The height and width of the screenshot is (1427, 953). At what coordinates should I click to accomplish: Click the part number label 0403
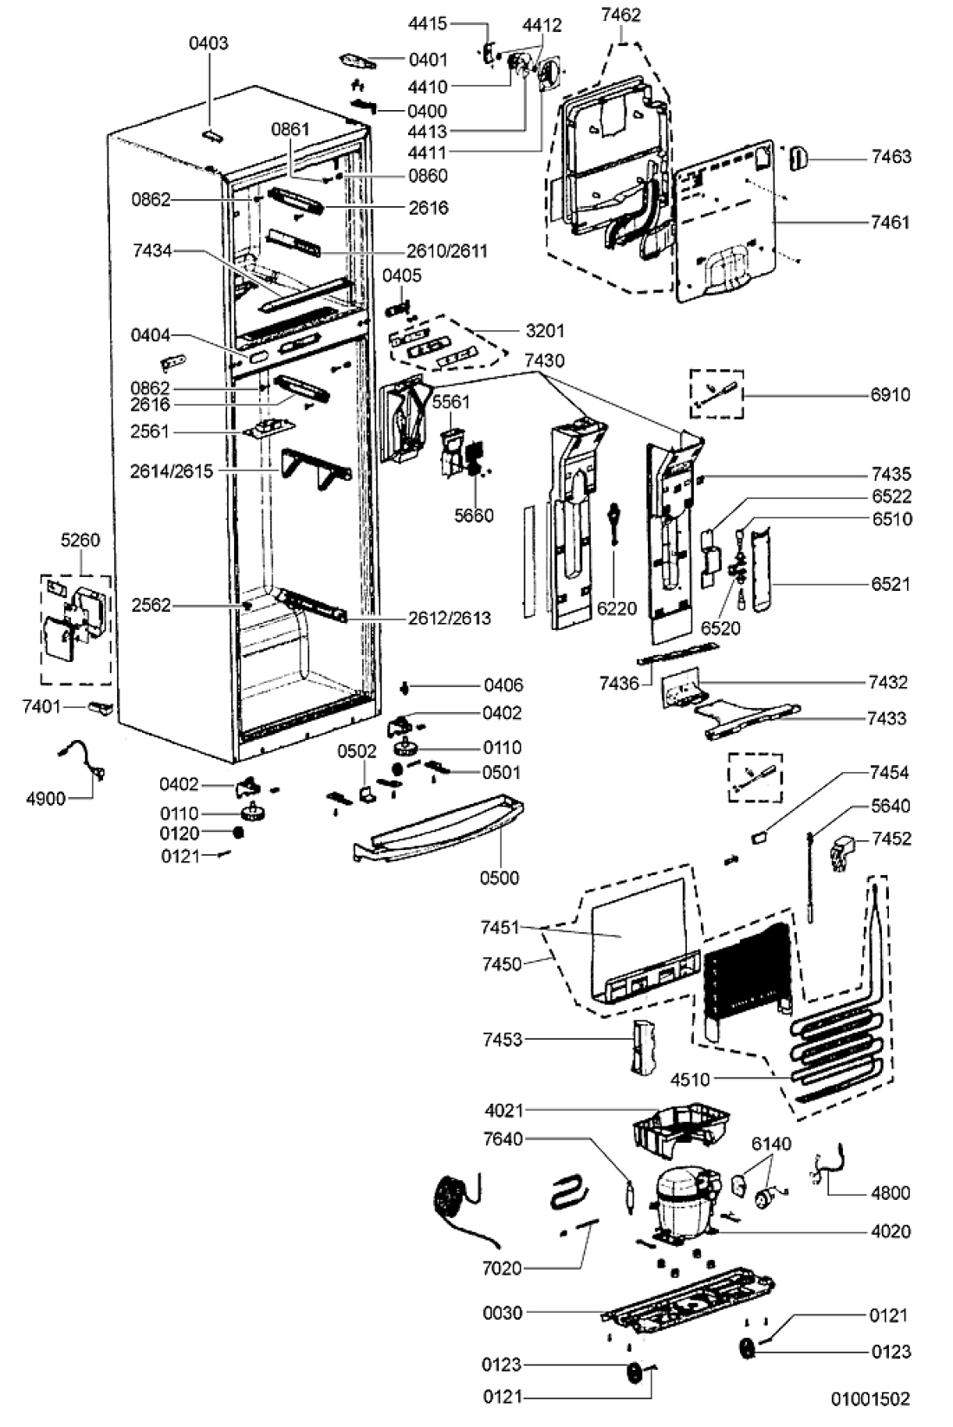pos(208,43)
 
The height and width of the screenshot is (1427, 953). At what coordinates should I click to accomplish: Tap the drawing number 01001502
pos(870,1398)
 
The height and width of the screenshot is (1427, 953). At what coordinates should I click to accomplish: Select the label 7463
pos(891,157)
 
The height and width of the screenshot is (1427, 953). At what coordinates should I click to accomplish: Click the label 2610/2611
pos(447,251)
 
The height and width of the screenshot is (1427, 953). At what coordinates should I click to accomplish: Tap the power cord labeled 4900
pos(81,758)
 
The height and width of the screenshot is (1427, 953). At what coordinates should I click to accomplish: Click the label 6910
pos(891,395)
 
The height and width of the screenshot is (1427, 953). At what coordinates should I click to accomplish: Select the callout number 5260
pos(81,541)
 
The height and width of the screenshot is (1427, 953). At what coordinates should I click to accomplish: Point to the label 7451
pos(501,927)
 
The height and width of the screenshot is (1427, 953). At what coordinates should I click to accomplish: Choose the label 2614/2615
pos(172,471)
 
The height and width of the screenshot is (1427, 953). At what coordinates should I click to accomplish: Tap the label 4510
pos(690,1080)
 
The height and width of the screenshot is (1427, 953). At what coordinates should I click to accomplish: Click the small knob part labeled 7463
pos(799,158)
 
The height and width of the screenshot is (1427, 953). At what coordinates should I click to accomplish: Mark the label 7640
pos(502,1138)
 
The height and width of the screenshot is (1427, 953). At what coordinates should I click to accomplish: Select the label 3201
pos(545,331)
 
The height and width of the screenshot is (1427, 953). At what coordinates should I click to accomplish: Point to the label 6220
pos(617,609)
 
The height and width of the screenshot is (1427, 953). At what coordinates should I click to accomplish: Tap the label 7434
pos(152,251)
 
